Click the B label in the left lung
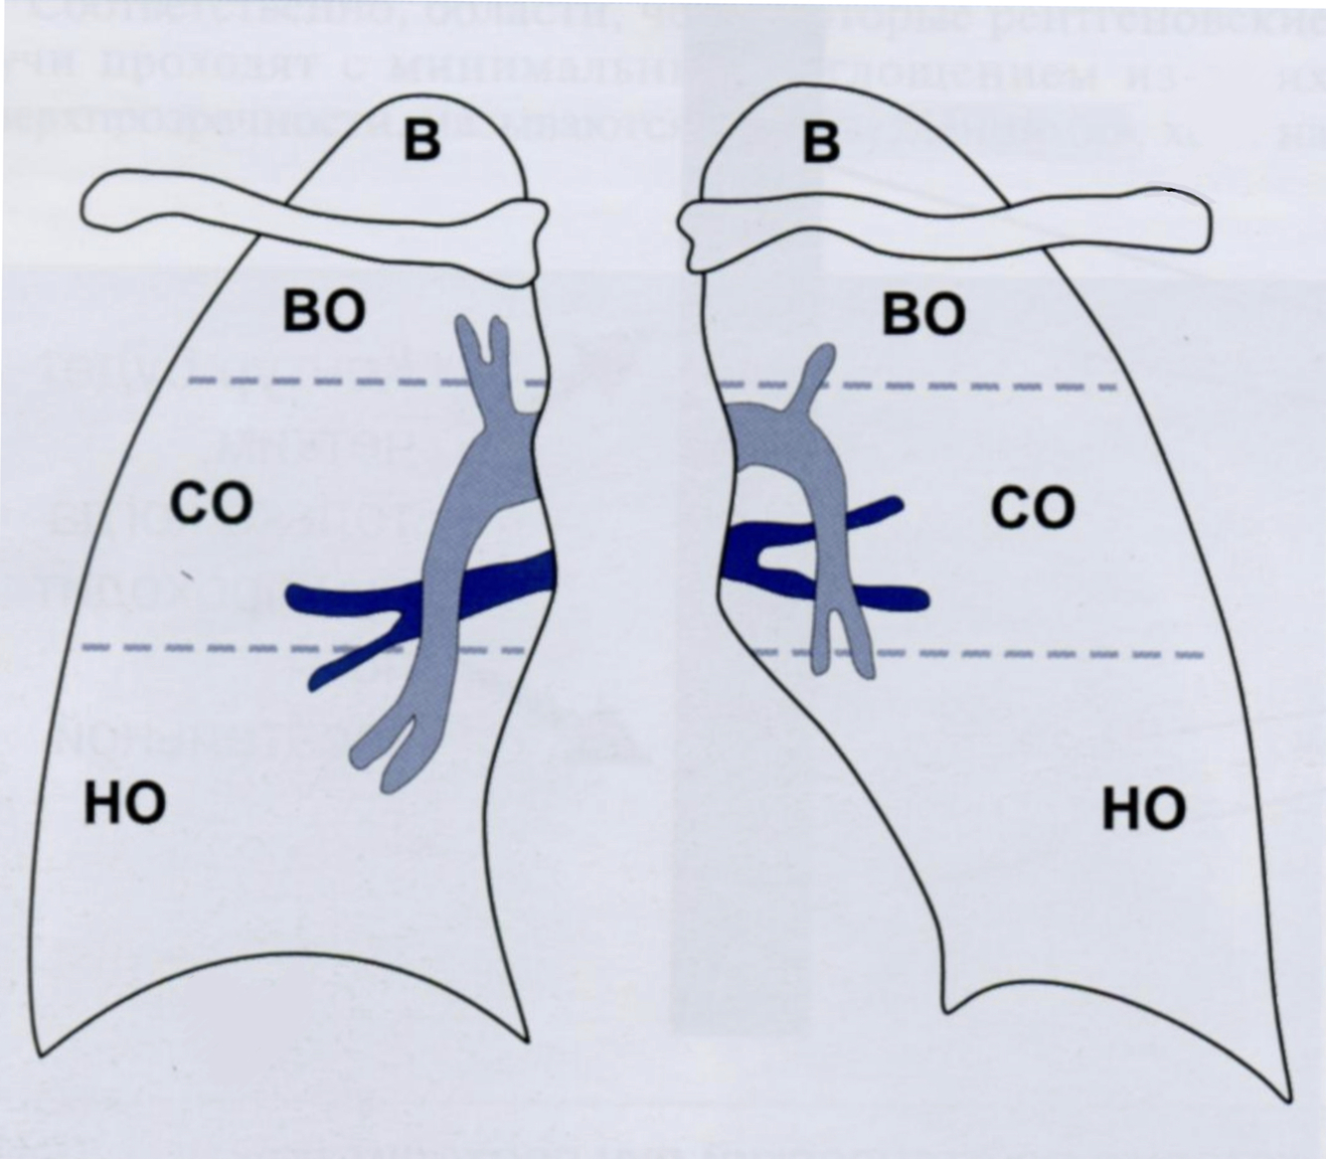pos(421,140)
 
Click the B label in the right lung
pos(821,140)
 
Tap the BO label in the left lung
pos(324,311)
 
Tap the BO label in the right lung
pos(923,315)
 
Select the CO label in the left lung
pos(210,504)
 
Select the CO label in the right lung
pos(1034,509)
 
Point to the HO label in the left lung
pos(124,803)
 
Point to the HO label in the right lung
pos(1144,810)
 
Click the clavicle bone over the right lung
pos(944,228)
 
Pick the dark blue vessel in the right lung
pos(895,597)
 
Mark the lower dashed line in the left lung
pos(199,647)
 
